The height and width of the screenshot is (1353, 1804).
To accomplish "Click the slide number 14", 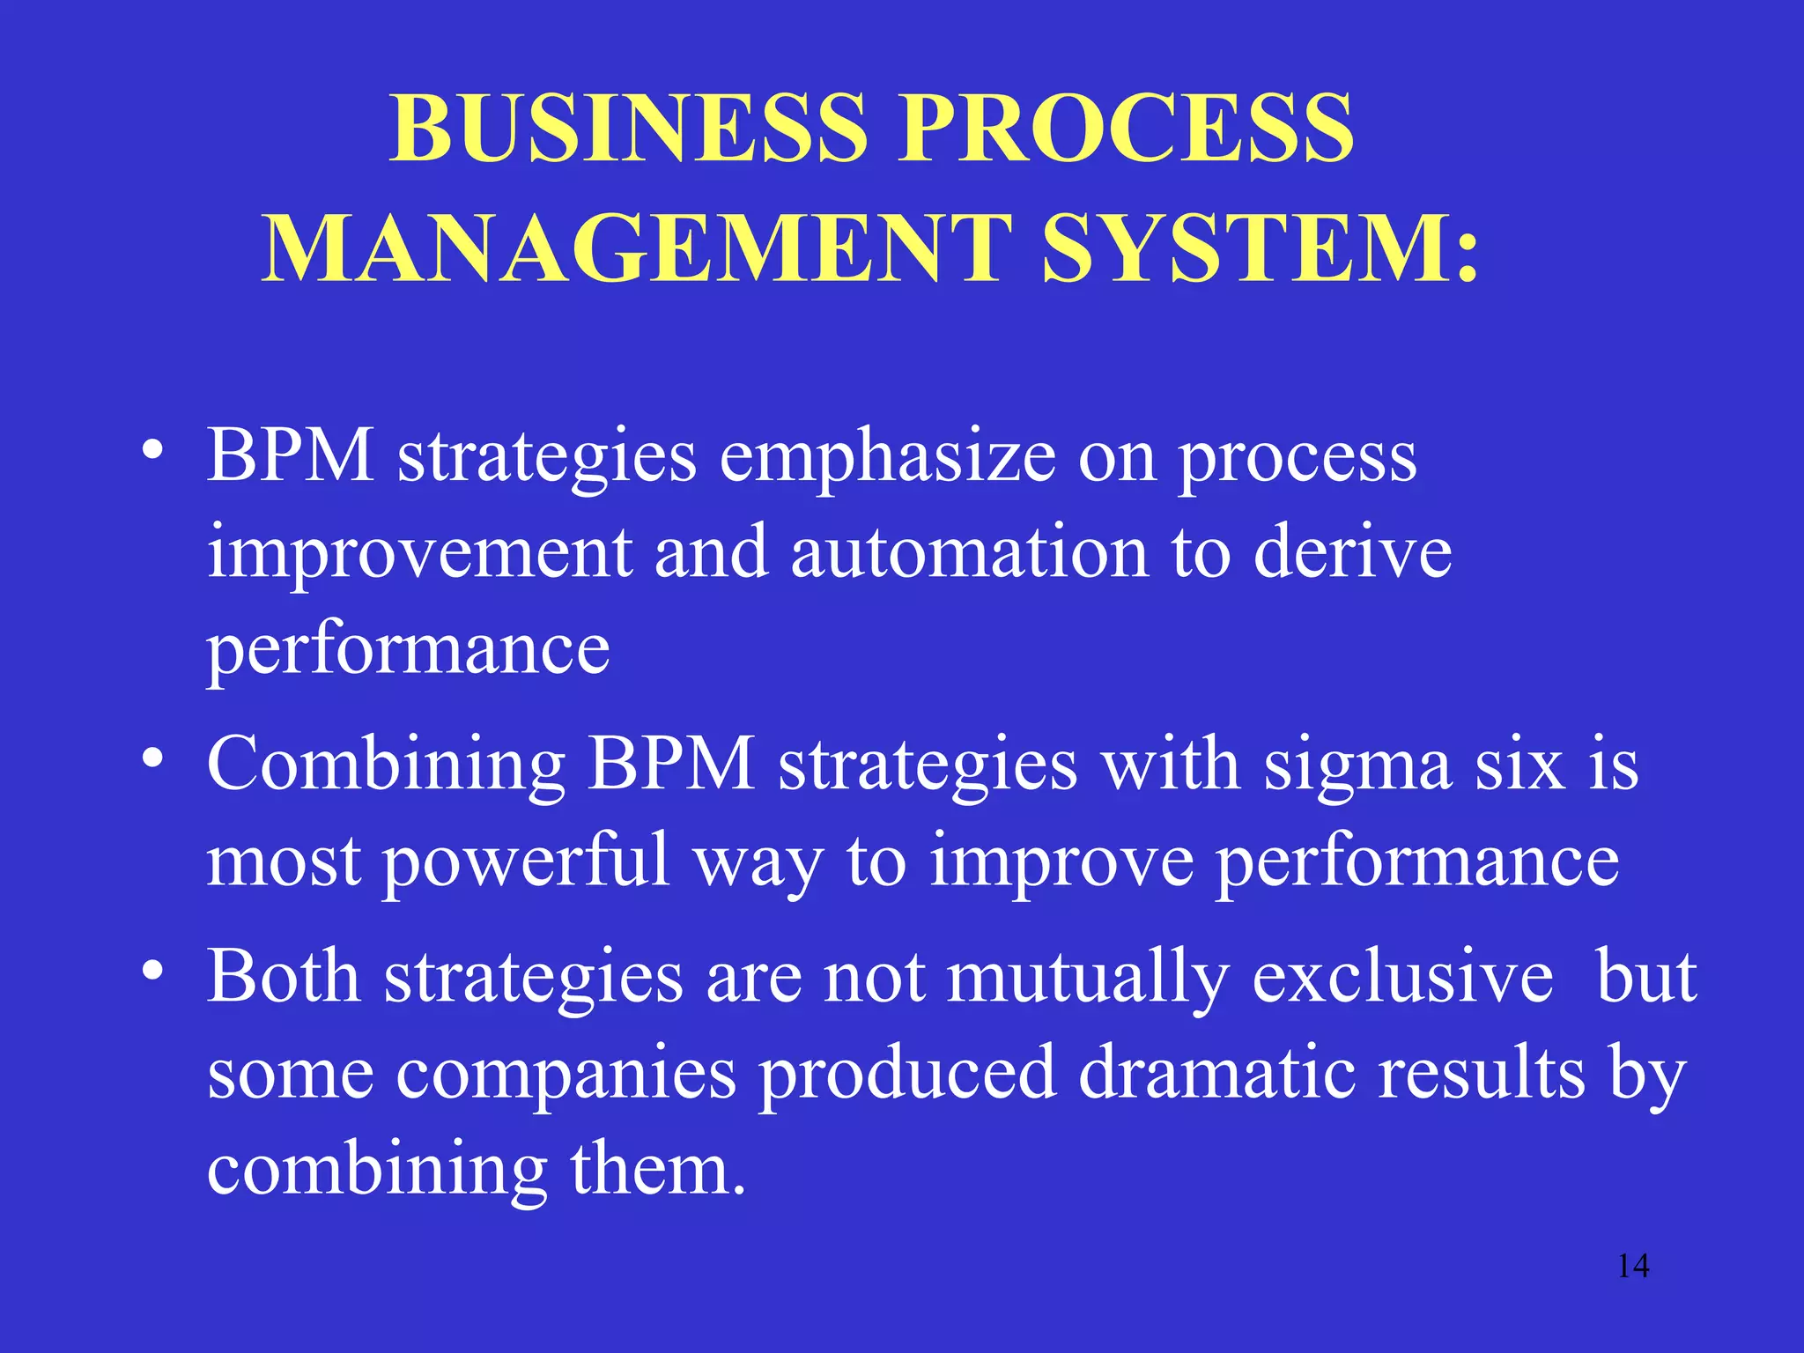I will [1633, 1266].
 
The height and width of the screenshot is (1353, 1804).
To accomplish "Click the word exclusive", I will [1402, 978].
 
